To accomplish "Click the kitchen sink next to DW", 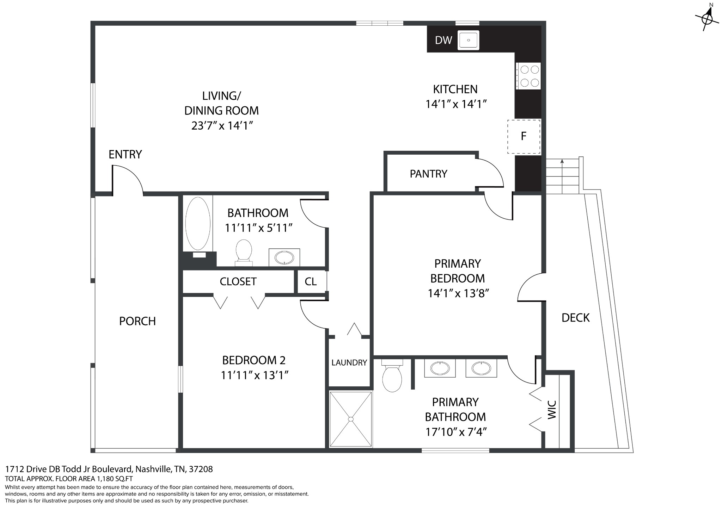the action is pos(469,40).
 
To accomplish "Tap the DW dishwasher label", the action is pos(443,40).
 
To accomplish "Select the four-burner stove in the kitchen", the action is pos(528,76).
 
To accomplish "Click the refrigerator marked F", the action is pos(524,136).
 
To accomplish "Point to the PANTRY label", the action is pos(428,174).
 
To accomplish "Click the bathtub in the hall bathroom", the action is pos(198,223).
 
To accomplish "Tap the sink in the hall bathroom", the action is pos(284,257).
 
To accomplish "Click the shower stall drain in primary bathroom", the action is pos(350,419).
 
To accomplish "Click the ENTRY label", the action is pos(125,154).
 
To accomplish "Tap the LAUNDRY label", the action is pos(349,362).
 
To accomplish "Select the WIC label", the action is pos(552,410).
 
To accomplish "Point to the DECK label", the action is pos(575,318).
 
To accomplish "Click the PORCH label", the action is pos(137,321).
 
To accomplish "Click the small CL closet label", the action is pos(311,281).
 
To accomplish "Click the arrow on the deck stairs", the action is pos(562,176).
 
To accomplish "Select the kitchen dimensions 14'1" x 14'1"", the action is pos(456,104).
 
